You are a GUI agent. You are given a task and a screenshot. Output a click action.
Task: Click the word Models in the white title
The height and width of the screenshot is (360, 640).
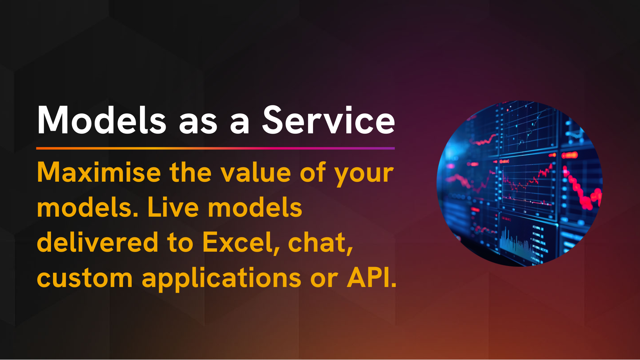(102, 120)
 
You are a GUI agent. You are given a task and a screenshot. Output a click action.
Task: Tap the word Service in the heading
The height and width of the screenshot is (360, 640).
(328, 120)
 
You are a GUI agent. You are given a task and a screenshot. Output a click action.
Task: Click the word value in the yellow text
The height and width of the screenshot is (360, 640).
(256, 172)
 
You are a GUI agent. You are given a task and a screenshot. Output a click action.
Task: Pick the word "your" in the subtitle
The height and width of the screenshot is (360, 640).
(364, 175)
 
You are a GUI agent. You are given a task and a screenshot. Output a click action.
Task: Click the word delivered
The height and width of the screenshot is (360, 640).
(97, 242)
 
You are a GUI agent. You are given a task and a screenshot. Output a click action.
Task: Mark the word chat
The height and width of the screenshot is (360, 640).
(320, 243)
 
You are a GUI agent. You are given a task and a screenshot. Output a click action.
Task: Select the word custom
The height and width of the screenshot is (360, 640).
(85, 278)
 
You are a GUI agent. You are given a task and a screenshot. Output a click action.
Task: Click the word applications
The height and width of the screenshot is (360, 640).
(222, 279)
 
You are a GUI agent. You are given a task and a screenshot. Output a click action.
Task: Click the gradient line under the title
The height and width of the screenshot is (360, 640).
(215, 148)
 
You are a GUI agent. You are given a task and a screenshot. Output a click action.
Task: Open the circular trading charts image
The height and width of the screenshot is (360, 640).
(519, 183)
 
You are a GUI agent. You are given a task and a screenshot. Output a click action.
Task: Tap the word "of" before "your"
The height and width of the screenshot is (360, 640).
(313, 172)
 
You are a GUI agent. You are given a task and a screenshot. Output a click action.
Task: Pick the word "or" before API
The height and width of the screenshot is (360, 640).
(324, 280)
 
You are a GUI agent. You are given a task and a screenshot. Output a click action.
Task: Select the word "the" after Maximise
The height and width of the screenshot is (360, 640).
(191, 172)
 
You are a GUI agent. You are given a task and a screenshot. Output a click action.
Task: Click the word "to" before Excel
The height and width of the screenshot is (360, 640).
(180, 243)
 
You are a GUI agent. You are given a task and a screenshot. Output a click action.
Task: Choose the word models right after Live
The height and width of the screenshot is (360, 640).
(255, 207)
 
